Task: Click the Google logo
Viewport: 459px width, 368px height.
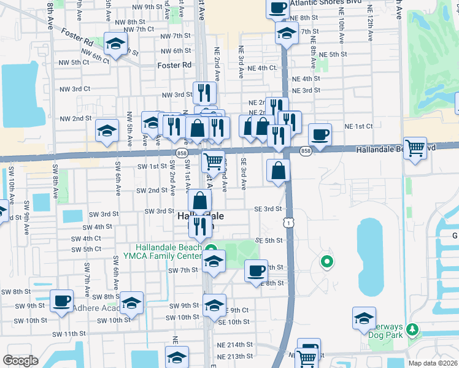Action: pyautogui.click(x=20, y=360)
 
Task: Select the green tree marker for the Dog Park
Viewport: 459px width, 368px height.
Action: pyautogui.click(x=412, y=330)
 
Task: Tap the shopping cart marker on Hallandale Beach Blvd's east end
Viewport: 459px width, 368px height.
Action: pyautogui.click(x=415, y=147)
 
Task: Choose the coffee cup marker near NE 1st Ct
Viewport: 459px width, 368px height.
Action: pyautogui.click(x=319, y=134)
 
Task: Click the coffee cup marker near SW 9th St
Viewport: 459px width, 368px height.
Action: pyautogui.click(x=61, y=301)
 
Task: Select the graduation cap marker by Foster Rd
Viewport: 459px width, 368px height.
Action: pyautogui.click(x=115, y=44)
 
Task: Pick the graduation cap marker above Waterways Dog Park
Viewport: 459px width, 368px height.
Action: pyautogui.click(x=364, y=318)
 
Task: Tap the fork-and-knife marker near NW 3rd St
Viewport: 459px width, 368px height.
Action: pyautogui.click(x=204, y=93)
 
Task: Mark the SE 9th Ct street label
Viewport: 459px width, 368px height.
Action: pyautogui.click(x=236, y=310)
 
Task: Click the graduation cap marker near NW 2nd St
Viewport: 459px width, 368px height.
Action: pyautogui.click(x=107, y=131)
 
